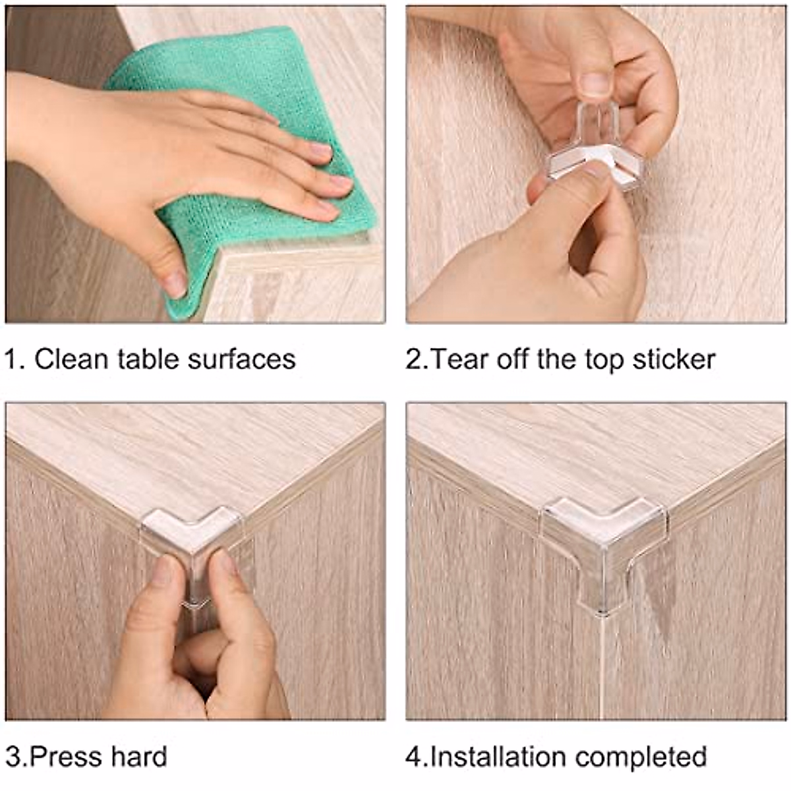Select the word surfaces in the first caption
point(242,360)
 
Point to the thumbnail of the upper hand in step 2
point(593,84)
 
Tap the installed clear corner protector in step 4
point(603,546)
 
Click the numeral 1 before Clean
point(10,359)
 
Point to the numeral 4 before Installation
point(413,757)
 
